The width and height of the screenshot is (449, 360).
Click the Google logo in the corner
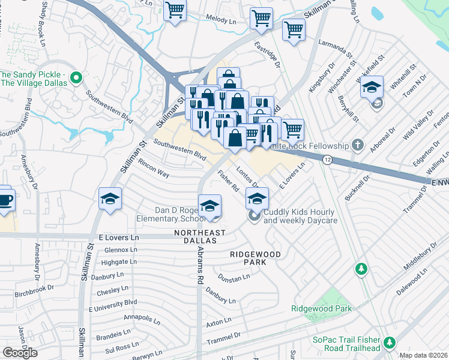click(19, 353)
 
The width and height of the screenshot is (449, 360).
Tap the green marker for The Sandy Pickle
click(76, 78)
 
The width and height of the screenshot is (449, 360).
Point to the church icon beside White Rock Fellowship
click(358, 145)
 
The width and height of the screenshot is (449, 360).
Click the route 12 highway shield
click(327, 160)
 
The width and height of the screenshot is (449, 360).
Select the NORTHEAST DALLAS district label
click(200, 236)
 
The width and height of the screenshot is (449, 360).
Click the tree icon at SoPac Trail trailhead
click(390, 342)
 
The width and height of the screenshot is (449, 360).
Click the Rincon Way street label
click(152, 168)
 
